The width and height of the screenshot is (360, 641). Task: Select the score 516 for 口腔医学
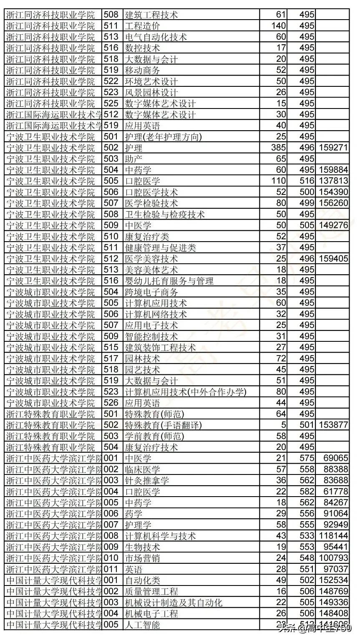pos(307,181)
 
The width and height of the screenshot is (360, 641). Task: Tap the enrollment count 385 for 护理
pos(278,148)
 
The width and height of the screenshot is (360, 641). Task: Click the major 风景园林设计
pos(151,92)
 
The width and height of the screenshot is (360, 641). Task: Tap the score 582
pos(307,492)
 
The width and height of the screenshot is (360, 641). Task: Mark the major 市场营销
pos(142,558)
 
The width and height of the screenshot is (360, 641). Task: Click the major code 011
pos(111,569)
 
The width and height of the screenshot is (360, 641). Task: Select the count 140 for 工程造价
pos(278,26)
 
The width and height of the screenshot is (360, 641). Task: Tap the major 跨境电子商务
pos(151,292)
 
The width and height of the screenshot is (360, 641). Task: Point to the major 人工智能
pos(142,625)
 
